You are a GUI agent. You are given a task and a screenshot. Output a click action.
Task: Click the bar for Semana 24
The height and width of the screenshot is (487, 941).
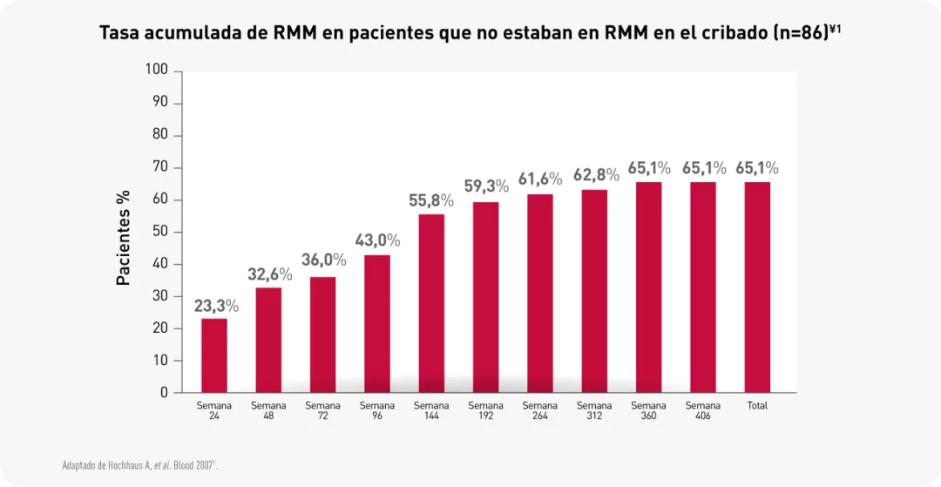214,355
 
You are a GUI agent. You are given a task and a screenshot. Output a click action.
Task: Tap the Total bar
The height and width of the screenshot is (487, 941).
757,287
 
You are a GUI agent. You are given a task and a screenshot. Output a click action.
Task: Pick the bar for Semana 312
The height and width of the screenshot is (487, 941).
594,291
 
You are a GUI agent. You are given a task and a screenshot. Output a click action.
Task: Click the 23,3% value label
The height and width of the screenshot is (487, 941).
215,306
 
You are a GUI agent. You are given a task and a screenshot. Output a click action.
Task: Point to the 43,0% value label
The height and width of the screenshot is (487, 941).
377,240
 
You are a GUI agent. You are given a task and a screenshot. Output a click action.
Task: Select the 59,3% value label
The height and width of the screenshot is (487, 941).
486,186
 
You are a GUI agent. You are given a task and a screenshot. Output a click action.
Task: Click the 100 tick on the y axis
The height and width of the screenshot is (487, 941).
157,71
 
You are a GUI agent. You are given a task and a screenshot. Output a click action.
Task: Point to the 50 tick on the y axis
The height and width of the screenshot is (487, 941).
160,232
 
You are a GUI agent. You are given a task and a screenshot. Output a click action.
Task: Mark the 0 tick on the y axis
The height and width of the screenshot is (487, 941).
164,393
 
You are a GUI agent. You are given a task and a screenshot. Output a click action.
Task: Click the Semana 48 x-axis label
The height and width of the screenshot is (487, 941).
268,410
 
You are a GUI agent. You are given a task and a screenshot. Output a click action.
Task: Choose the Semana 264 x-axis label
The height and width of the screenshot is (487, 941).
540,410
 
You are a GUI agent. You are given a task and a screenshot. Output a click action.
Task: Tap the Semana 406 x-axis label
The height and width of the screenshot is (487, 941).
703,410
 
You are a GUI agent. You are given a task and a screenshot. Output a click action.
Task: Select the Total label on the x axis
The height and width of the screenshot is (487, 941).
757,406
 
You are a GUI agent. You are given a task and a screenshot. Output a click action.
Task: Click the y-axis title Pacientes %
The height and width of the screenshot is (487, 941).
124,238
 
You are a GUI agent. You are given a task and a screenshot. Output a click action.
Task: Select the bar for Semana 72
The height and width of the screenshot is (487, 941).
323,335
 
